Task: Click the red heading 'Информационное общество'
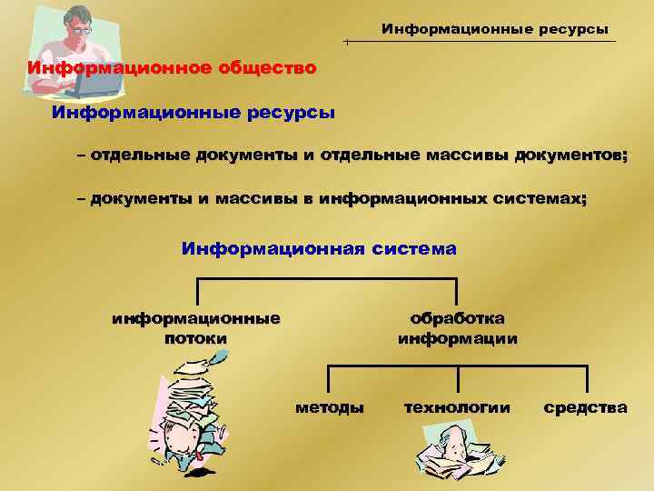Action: pyautogui.click(x=172, y=68)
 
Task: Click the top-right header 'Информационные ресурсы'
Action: pyautogui.click(x=494, y=30)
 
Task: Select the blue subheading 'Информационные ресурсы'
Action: pyautogui.click(x=193, y=114)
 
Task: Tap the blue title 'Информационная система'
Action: pyautogui.click(x=319, y=247)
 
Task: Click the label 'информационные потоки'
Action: pyautogui.click(x=195, y=328)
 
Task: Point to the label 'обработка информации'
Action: pyautogui.click(x=458, y=328)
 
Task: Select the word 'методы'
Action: pyautogui.click(x=330, y=406)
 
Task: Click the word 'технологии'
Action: pyautogui.click(x=457, y=406)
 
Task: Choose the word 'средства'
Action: pyautogui.click(x=585, y=406)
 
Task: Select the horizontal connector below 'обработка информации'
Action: pyautogui.click(x=458, y=366)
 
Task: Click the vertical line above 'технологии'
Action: pyautogui.click(x=458, y=380)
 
